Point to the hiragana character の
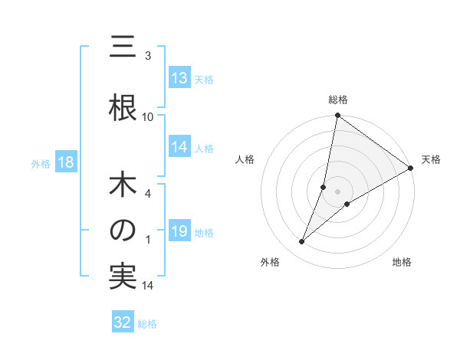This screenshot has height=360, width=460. (123, 231)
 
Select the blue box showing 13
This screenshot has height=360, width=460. (179, 78)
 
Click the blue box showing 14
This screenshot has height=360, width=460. (179, 148)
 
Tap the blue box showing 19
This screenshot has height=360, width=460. (179, 231)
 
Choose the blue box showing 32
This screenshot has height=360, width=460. (123, 322)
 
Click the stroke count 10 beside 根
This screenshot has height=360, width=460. (148, 116)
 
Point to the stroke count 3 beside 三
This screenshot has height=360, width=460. (148, 55)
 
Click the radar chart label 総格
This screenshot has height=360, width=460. (337, 100)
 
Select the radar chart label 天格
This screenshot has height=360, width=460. (431, 159)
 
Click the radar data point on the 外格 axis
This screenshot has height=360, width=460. (302, 242)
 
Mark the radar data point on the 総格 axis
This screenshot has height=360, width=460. (337, 116)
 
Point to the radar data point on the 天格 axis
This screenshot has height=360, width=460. (411, 169)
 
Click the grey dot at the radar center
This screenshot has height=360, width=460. (337, 191)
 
